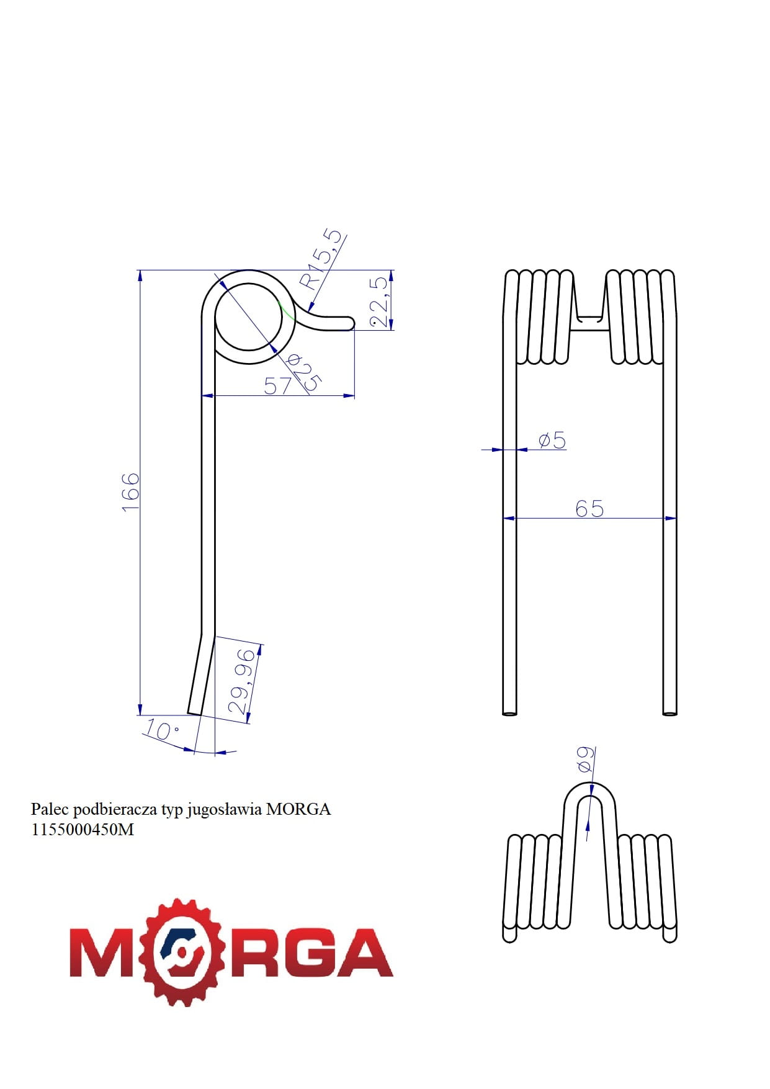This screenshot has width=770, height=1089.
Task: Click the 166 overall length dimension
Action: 131,491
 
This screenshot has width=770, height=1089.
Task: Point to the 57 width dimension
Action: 277,386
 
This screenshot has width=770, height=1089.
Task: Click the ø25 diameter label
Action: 304,372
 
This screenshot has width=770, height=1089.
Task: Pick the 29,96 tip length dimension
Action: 242,681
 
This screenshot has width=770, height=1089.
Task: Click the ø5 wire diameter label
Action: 552,440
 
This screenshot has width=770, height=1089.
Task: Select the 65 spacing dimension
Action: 589,508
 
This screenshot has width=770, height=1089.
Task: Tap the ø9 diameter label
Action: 586,759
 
